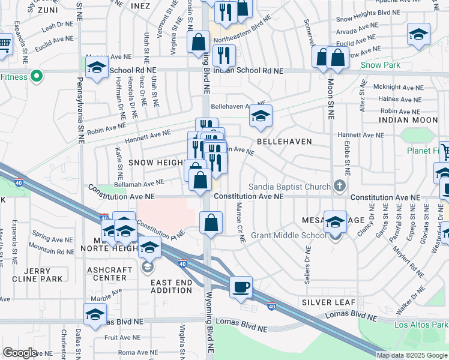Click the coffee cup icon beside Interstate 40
[241, 286]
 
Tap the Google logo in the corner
[19, 352]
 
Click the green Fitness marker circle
[36, 76]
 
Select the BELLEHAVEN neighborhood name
[284, 142]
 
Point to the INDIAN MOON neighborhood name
[408, 120]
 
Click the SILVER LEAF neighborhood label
[329, 302]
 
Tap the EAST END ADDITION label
[171, 286]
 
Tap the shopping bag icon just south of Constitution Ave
[211, 223]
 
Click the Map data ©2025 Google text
[412, 355]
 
